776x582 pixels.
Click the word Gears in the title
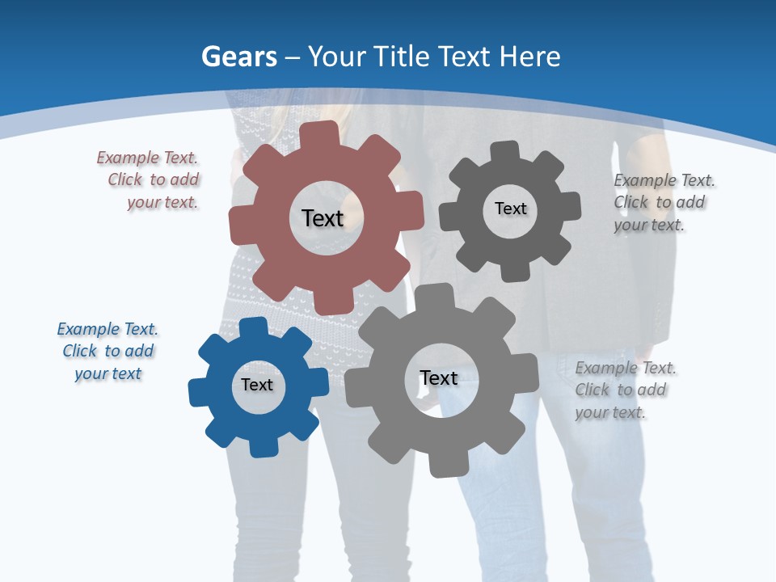[x=239, y=57]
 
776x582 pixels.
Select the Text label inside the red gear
[x=323, y=218]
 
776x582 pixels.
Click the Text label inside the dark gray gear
[x=510, y=209]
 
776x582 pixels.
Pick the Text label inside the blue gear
[x=257, y=385]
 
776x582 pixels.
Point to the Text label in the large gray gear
[x=439, y=377]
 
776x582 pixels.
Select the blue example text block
[x=108, y=351]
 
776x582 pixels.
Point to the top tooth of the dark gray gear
[x=503, y=151]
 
